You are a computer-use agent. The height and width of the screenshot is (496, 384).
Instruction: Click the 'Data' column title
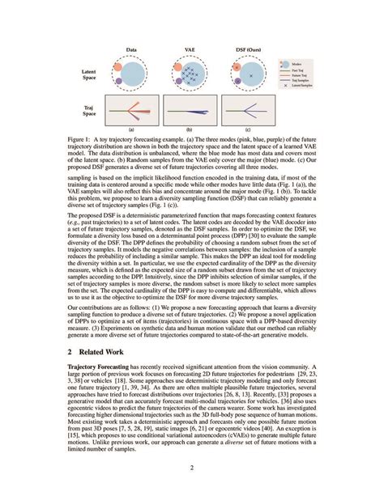pos(131,50)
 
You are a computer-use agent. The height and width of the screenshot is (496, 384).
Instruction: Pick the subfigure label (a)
pos(131,128)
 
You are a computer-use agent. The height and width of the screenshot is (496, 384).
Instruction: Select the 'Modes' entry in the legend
pos(312,62)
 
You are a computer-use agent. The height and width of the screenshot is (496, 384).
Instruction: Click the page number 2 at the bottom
pos(192,467)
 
